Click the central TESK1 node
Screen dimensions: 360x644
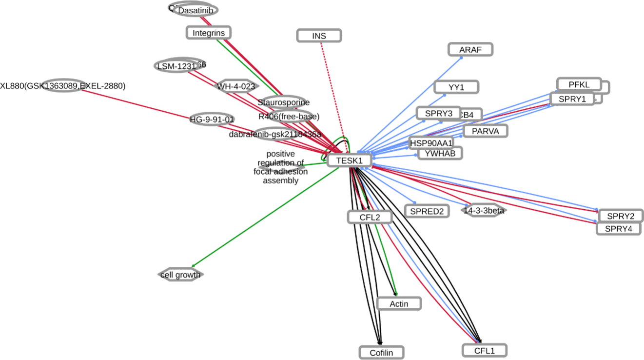click(349, 160)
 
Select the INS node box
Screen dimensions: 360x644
click(319, 36)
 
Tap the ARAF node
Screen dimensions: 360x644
click(470, 49)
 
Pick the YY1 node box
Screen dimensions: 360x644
click(456, 87)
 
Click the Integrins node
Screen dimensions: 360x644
click(208, 33)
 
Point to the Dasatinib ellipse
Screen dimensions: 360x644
click(195, 10)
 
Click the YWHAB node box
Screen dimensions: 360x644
click(440, 153)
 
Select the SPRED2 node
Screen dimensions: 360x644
click(427, 211)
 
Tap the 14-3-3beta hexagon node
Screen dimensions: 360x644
click(483, 210)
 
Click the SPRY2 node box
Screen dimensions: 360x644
click(621, 216)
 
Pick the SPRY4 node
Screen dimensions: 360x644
click(618, 228)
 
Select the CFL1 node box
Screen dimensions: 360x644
click(484, 350)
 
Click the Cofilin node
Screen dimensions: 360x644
click(382, 352)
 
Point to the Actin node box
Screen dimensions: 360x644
click(399, 304)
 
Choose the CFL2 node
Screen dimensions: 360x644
click(370, 217)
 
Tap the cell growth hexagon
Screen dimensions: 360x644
click(180, 275)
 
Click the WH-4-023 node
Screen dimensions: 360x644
click(236, 87)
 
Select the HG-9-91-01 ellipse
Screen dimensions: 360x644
click(212, 119)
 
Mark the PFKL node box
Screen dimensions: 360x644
click(579, 84)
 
